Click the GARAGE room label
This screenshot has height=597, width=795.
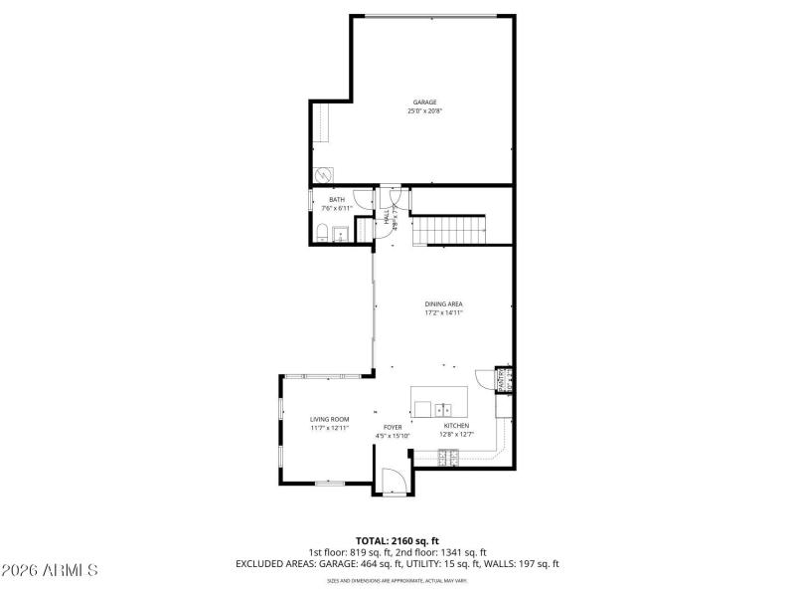click(425, 102)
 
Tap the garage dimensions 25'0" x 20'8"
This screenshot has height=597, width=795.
click(425, 111)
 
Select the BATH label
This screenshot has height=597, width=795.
click(337, 200)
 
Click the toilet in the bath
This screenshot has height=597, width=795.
click(322, 233)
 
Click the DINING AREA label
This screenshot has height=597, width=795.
click(444, 303)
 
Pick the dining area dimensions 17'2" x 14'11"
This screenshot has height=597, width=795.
click(444, 312)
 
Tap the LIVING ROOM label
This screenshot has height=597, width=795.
click(329, 419)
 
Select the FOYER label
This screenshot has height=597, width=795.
click(394, 427)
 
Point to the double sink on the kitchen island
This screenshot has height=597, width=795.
click(443, 407)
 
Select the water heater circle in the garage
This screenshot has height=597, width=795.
click(323, 173)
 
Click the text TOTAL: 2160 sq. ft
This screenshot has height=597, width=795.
click(397, 541)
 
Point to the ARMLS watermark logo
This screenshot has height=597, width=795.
click(50, 571)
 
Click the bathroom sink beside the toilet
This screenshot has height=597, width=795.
click(340, 234)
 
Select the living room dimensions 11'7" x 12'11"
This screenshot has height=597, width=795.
click(329, 428)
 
